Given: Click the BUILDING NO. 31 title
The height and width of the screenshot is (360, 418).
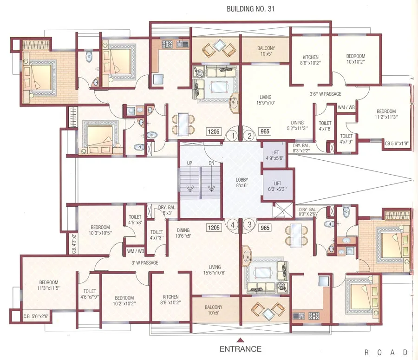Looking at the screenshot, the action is tap(250, 9).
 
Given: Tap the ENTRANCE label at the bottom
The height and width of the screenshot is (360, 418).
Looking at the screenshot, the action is tap(241, 349).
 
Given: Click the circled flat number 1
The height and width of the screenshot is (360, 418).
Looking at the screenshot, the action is tap(233, 136).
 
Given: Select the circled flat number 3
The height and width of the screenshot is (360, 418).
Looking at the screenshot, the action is tap(249, 224).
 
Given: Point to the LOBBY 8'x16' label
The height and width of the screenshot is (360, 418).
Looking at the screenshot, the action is tap(242, 183).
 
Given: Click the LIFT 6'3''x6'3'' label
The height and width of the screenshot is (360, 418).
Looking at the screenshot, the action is tap(277, 186).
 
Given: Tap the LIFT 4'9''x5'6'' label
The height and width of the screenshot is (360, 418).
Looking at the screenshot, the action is tap(275, 155).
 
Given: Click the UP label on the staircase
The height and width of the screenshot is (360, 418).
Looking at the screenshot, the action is tap(189, 163).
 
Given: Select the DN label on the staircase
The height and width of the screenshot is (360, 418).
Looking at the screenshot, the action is tap(211, 163).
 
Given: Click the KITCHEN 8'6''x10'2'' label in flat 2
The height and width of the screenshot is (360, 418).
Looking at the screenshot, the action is tap(311, 60).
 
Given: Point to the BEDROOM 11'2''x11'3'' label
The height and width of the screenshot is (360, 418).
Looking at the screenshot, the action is tap(386, 114).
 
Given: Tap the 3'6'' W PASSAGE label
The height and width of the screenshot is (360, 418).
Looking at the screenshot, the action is tap(325, 94).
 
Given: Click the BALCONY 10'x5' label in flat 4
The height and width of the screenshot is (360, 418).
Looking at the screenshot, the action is tap(214, 310).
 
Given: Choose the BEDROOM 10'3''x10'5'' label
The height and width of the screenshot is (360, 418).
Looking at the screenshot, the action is tap(100, 230).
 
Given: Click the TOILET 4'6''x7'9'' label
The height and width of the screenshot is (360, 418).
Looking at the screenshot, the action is tap(90, 294).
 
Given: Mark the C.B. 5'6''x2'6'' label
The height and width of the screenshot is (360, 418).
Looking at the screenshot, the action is tap(36, 316).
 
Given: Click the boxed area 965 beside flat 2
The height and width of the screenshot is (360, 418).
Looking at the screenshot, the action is tap(265, 131).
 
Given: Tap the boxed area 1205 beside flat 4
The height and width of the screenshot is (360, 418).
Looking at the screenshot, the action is tap(214, 228).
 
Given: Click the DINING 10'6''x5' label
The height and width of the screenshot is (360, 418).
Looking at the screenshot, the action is tap(183, 233).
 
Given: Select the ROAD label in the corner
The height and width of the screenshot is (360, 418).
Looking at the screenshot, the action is tap(386, 352).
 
